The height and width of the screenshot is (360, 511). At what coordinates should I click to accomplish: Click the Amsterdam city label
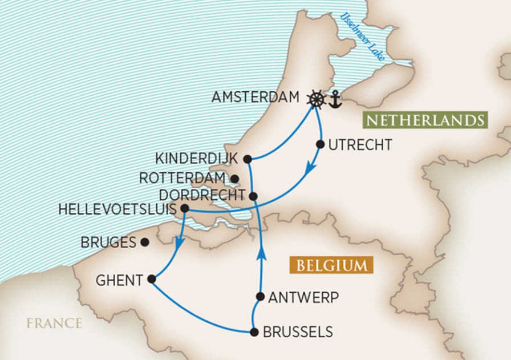click(x=255, y=98)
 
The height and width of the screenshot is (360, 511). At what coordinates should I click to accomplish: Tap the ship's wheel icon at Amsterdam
click(x=317, y=99)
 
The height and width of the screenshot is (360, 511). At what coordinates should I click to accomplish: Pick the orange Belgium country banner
click(x=331, y=266)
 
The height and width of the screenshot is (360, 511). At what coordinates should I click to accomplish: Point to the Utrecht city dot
click(x=320, y=145)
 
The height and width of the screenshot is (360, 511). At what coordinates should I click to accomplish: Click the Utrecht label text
click(x=360, y=145)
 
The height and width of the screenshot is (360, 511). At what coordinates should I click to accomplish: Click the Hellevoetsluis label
click(x=119, y=210)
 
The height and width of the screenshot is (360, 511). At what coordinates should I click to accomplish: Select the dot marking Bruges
click(x=144, y=242)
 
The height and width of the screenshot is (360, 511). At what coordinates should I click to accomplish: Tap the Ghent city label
click(x=119, y=280)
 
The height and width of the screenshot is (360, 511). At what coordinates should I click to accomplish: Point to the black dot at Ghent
click(x=151, y=279)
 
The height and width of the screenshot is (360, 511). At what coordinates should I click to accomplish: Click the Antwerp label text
click(x=303, y=297)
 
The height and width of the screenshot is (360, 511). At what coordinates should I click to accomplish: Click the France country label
click(x=54, y=323)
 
